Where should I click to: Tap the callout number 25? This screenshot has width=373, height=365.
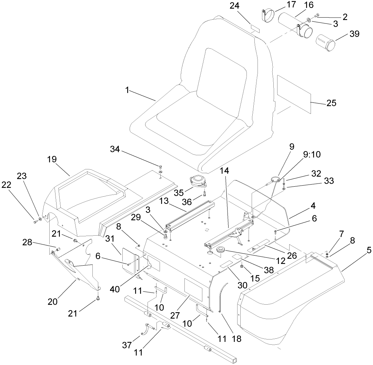click(x=331, y=103)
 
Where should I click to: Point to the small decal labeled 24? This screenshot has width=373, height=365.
click(x=255, y=28)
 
